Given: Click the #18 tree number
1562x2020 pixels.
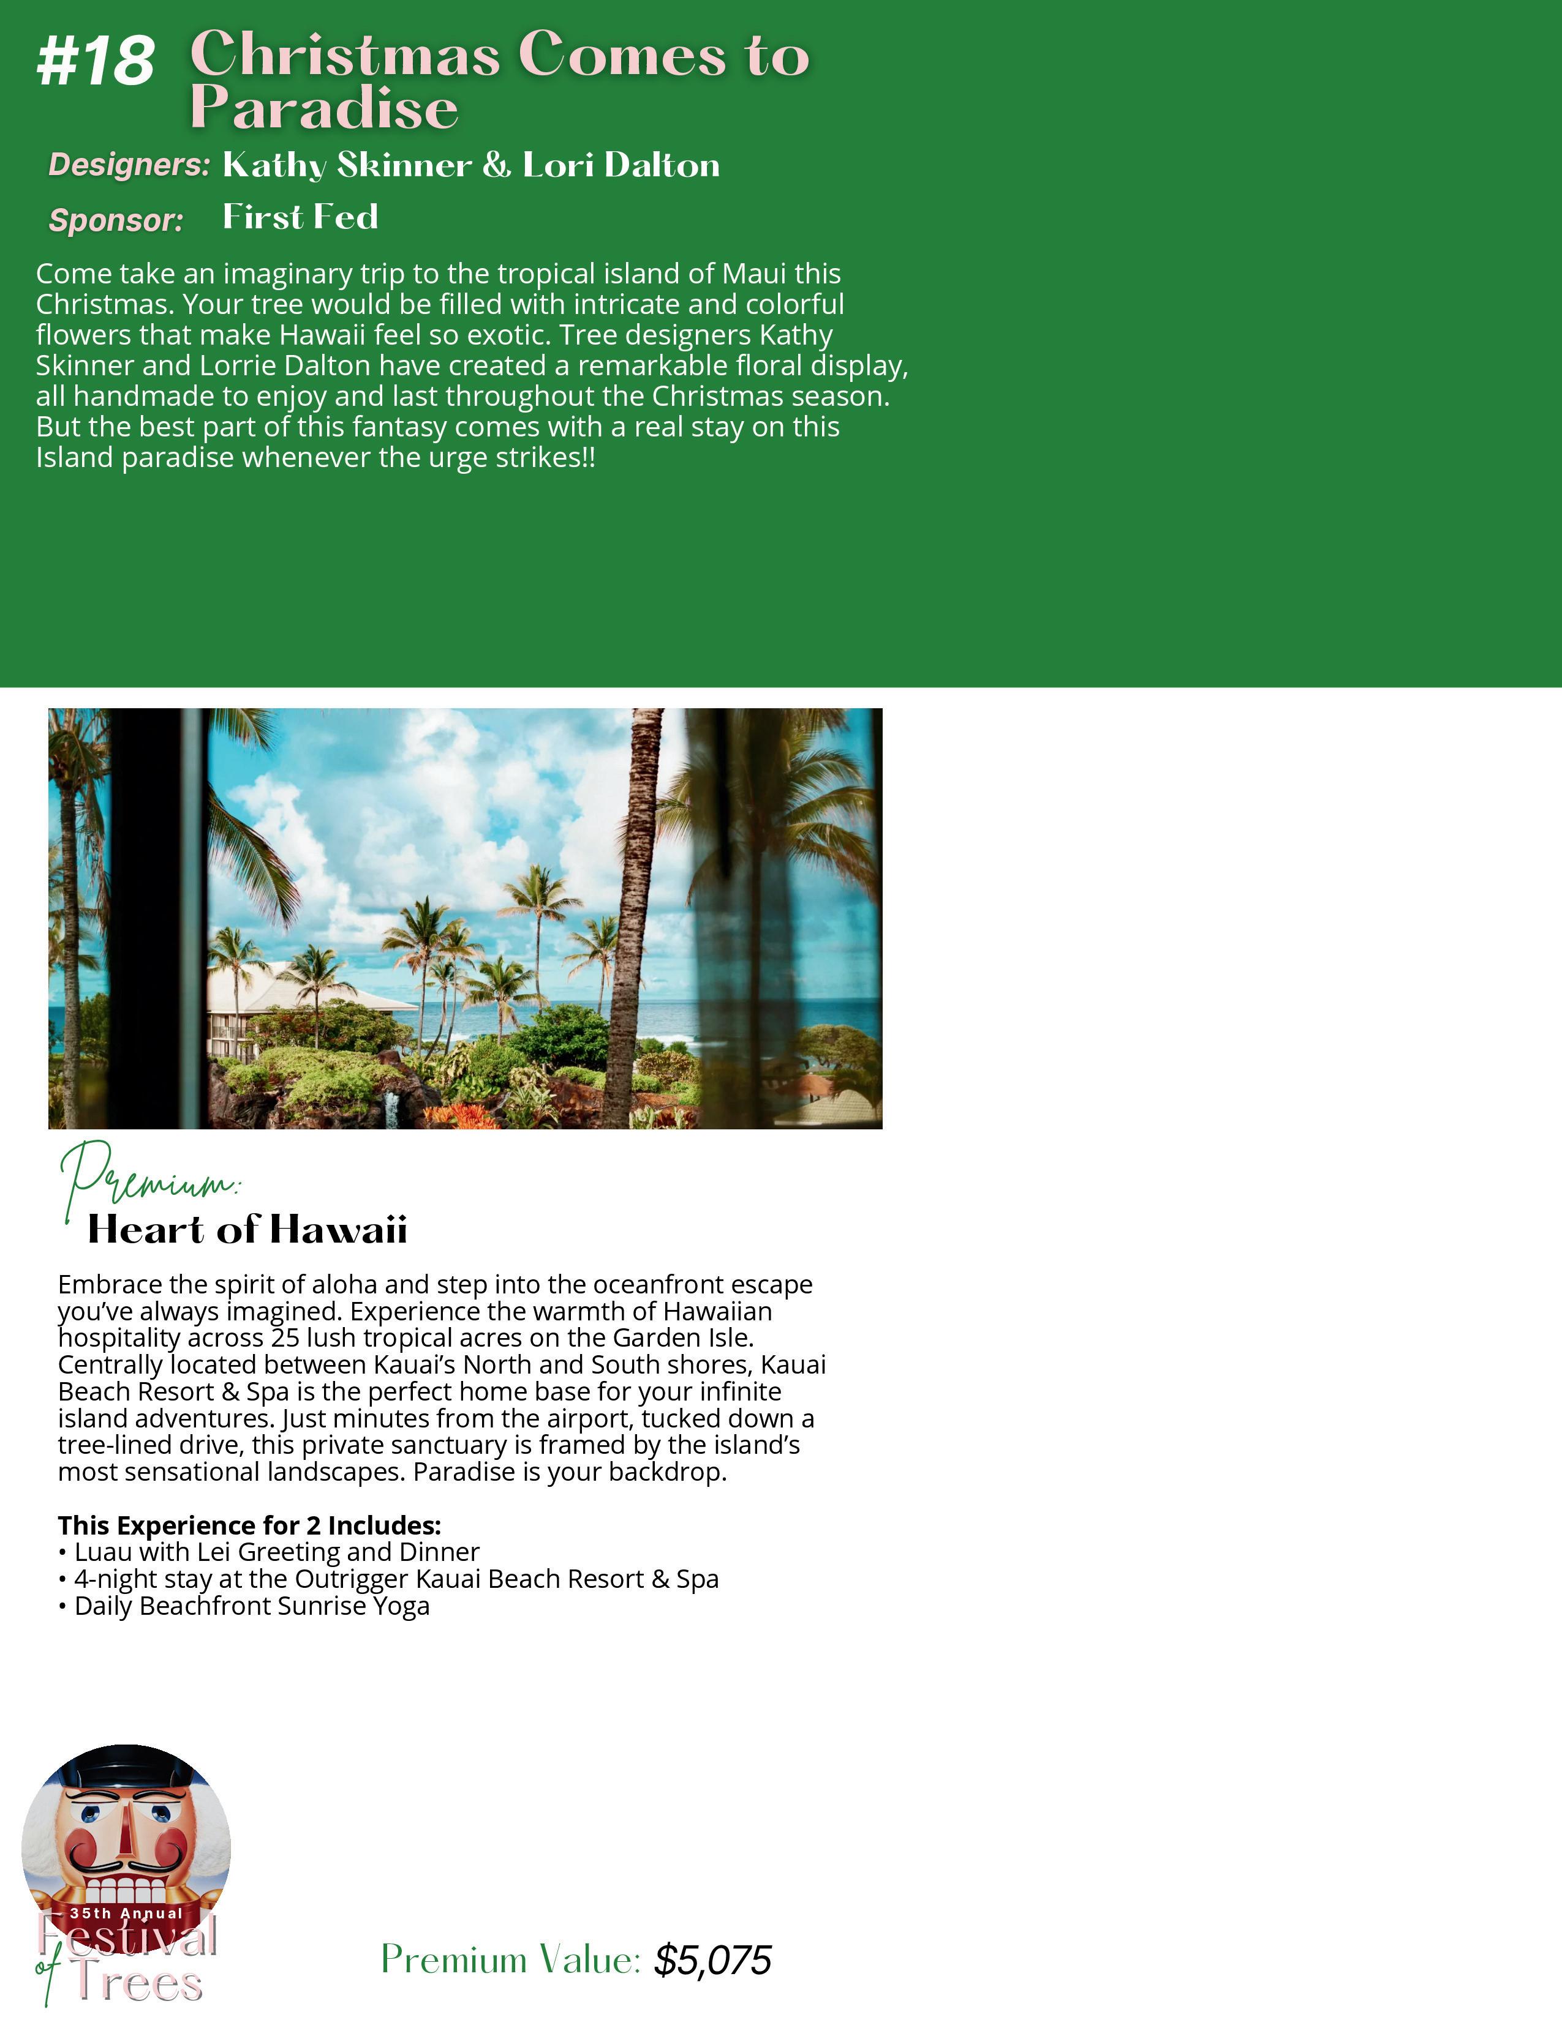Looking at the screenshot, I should click(x=96, y=61).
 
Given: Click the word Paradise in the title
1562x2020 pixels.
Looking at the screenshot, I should click(x=324, y=108).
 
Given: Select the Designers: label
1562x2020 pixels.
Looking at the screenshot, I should click(x=129, y=165).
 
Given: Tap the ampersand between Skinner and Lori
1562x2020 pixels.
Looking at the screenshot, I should click(x=497, y=165).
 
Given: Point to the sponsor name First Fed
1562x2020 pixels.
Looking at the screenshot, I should click(x=301, y=217).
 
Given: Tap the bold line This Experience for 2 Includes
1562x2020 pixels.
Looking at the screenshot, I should click(x=249, y=1525).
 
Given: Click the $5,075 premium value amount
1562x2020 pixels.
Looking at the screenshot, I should click(x=712, y=1960).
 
